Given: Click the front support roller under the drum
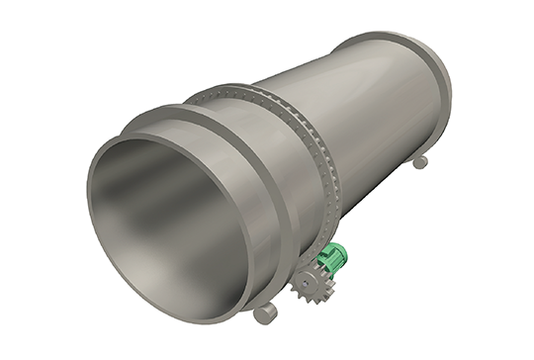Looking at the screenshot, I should click(x=265, y=313).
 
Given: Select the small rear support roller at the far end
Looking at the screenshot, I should click(x=419, y=160).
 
